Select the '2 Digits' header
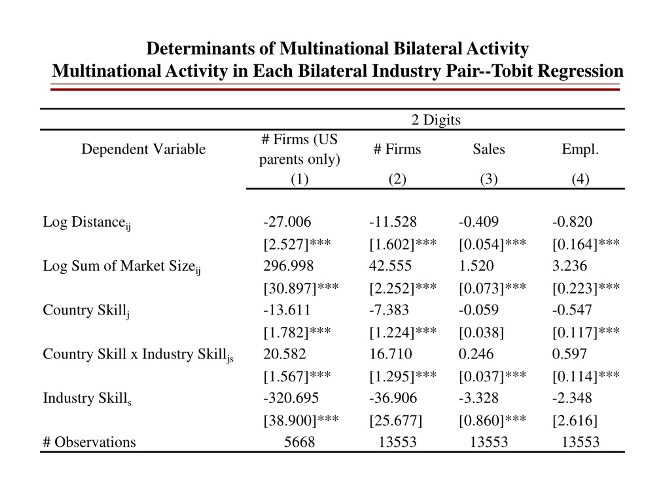click(x=436, y=120)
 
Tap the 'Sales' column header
click(x=489, y=149)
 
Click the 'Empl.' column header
click(x=580, y=149)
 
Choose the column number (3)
click(x=489, y=179)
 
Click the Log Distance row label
click(x=87, y=222)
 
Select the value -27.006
click(x=287, y=222)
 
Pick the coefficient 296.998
click(x=288, y=266)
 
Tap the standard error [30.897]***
click(x=301, y=288)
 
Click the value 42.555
click(x=390, y=266)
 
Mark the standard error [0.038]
click(x=481, y=332)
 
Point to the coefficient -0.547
click(x=572, y=310)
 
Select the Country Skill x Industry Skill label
click(x=138, y=354)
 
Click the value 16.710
click(x=390, y=354)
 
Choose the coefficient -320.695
click(x=291, y=398)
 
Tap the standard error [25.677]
click(x=395, y=420)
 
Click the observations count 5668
click(x=299, y=442)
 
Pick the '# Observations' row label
click(x=89, y=442)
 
